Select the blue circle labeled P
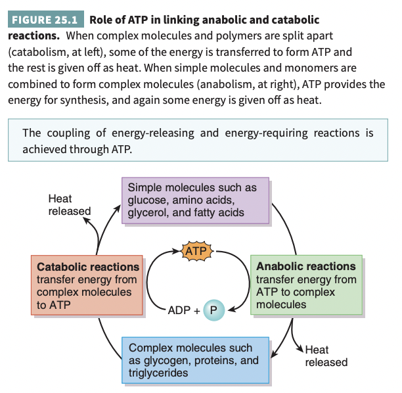[x=213, y=308]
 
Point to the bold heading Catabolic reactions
[x=88, y=267]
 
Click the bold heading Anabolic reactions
[x=306, y=267]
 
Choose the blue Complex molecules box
[x=195, y=360]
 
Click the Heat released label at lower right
[x=326, y=356]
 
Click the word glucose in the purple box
[x=148, y=200]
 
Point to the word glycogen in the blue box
[x=167, y=360]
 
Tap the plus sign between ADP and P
[x=196, y=308]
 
